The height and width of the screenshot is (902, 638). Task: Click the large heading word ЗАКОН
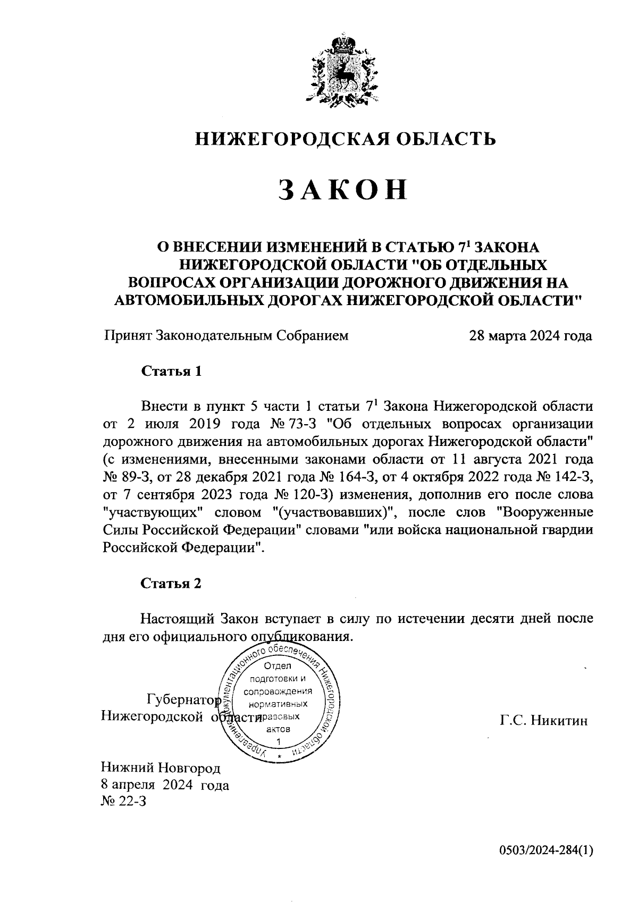(344, 190)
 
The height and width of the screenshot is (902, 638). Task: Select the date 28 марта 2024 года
(530, 336)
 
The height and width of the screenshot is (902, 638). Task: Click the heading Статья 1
(171, 371)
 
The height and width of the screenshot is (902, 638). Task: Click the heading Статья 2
(171, 584)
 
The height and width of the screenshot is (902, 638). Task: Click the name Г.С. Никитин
(543, 721)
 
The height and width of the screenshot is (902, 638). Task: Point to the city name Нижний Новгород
(160, 768)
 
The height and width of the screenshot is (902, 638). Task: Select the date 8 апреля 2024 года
(165, 786)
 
